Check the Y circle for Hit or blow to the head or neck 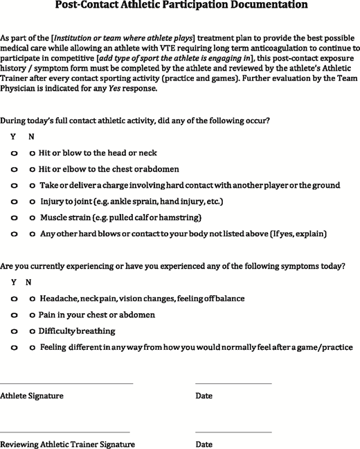(x=15, y=152)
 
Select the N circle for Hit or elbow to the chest (x=32, y=170)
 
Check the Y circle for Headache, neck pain (x=15, y=299)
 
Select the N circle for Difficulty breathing (x=32, y=331)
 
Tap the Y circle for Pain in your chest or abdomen (x=15, y=315)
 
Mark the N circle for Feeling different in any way (x=32, y=348)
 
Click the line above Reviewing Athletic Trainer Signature (x=65, y=431)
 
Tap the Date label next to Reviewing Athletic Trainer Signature (x=204, y=444)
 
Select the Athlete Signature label (x=32, y=396)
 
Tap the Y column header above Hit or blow (x=13, y=137)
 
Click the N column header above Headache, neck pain (x=28, y=282)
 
